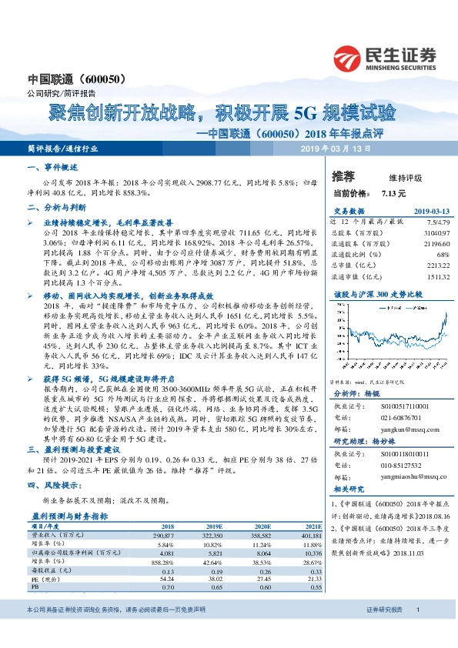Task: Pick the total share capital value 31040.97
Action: coord(433,231)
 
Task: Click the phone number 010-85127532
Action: coord(403,465)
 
